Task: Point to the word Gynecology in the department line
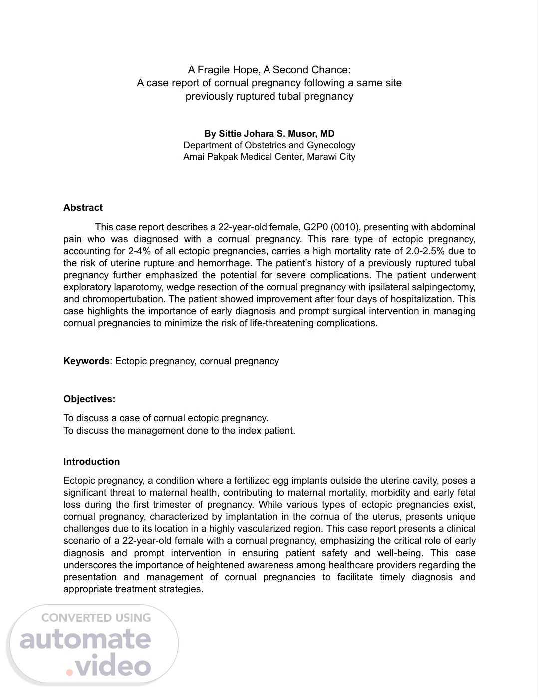point(331,145)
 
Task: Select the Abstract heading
point(83,208)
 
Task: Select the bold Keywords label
point(86,361)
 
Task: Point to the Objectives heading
point(89,399)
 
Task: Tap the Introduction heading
point(91,462)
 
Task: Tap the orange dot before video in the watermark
point(70,672)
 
